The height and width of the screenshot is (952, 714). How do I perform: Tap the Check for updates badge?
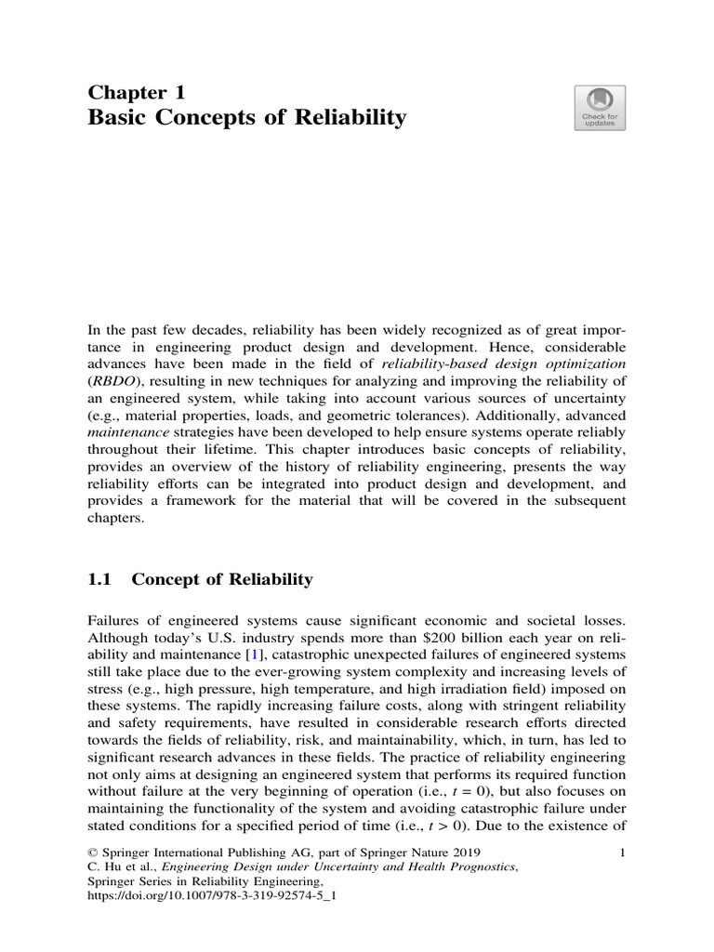tap(600, 107)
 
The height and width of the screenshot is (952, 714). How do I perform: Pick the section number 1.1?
tap(99, 580)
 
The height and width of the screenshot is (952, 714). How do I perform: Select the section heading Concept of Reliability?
tap(222, 580)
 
